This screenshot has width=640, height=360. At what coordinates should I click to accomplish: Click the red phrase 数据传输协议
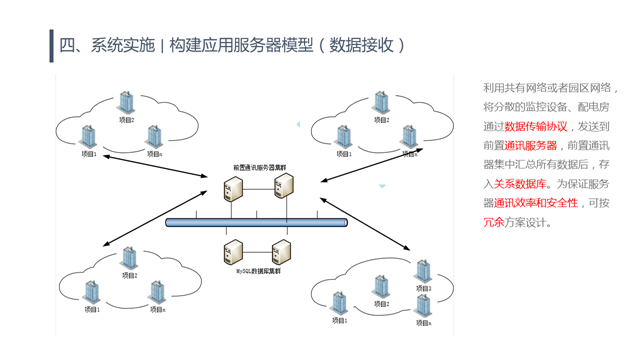[x=536, y=127]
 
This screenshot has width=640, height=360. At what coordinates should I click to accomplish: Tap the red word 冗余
[x=493, y=223]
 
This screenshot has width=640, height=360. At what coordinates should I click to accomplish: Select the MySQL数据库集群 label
[x=258, y=271]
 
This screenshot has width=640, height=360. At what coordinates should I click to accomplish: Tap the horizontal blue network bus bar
[x=258, y=223]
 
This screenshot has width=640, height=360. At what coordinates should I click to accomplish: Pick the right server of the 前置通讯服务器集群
[x=284, y=187]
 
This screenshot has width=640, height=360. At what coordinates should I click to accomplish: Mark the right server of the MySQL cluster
[x=284, y=250]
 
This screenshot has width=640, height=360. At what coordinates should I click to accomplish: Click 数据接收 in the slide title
[x=361, y=45]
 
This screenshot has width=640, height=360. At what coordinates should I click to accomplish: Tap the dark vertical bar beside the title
[x=51, y=45]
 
